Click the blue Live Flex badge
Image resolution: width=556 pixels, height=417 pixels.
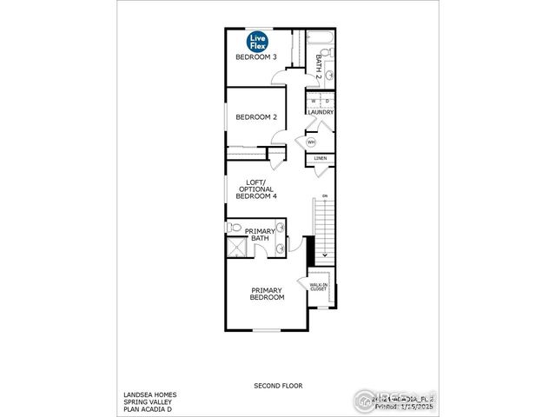258,41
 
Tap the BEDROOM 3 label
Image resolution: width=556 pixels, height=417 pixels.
256,57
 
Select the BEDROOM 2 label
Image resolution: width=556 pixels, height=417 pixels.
256,117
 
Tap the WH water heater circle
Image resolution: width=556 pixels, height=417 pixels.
311,142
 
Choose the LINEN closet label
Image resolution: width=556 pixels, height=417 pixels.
320,159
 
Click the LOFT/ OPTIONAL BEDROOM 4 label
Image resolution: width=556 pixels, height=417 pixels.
255,190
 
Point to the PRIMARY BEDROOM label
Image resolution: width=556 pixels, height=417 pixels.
268,294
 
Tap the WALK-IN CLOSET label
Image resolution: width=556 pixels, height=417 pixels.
318,286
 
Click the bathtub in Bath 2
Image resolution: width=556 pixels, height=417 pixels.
319,39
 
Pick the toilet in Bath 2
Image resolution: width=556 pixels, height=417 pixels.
333,53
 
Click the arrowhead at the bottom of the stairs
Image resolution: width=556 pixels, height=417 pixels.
325,255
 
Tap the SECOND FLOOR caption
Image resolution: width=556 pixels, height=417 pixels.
278,385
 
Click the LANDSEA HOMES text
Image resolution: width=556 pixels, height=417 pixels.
149,394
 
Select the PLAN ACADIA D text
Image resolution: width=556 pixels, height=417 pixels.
149,408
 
